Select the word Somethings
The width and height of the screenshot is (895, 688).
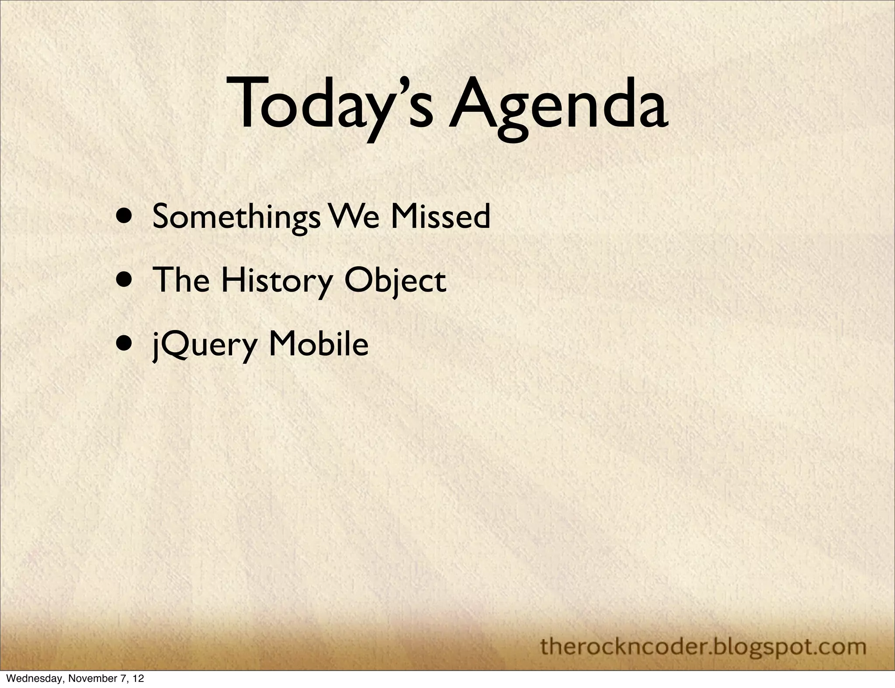point(236,217)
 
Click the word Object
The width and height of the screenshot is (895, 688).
point(395,281)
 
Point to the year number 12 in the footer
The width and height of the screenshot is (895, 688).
point(139,679)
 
